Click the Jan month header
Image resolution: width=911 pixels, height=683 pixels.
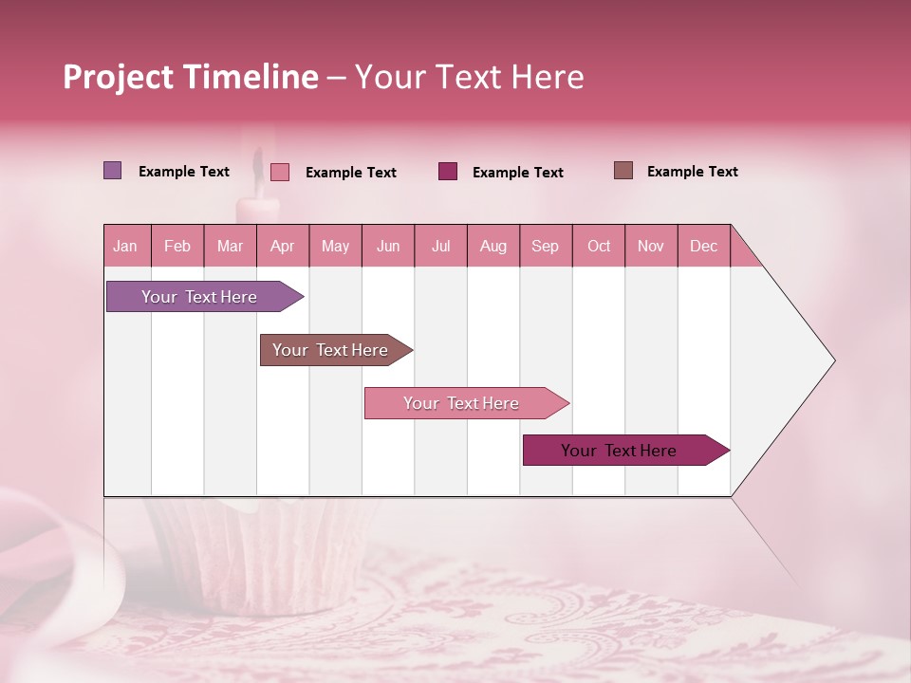pos(125,247)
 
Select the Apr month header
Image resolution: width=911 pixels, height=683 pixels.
pos(282,247)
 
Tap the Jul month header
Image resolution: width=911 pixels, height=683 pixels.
pos(440,247)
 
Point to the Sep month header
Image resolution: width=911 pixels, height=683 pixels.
pos(545,247)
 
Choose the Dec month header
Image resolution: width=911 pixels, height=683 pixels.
pos(703,247)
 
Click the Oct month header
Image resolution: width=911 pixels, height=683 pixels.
pos(598,247)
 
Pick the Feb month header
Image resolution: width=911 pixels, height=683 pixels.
pos(177,247)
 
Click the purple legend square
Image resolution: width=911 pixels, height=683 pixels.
pos(112,171)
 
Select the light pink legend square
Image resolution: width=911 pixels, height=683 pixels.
pos(279,172)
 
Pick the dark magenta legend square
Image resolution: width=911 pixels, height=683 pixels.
pos(448,171)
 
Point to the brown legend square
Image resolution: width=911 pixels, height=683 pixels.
pos(623,171)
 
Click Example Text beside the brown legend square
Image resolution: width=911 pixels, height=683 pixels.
pos(692,172)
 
